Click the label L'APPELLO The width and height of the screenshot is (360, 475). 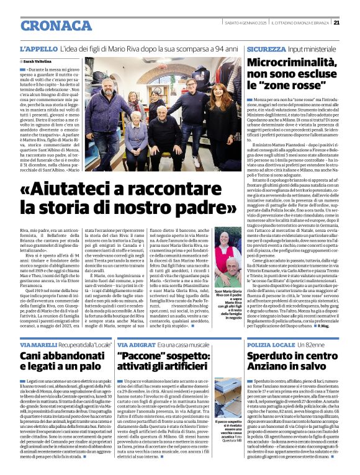(x=40, y=48)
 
